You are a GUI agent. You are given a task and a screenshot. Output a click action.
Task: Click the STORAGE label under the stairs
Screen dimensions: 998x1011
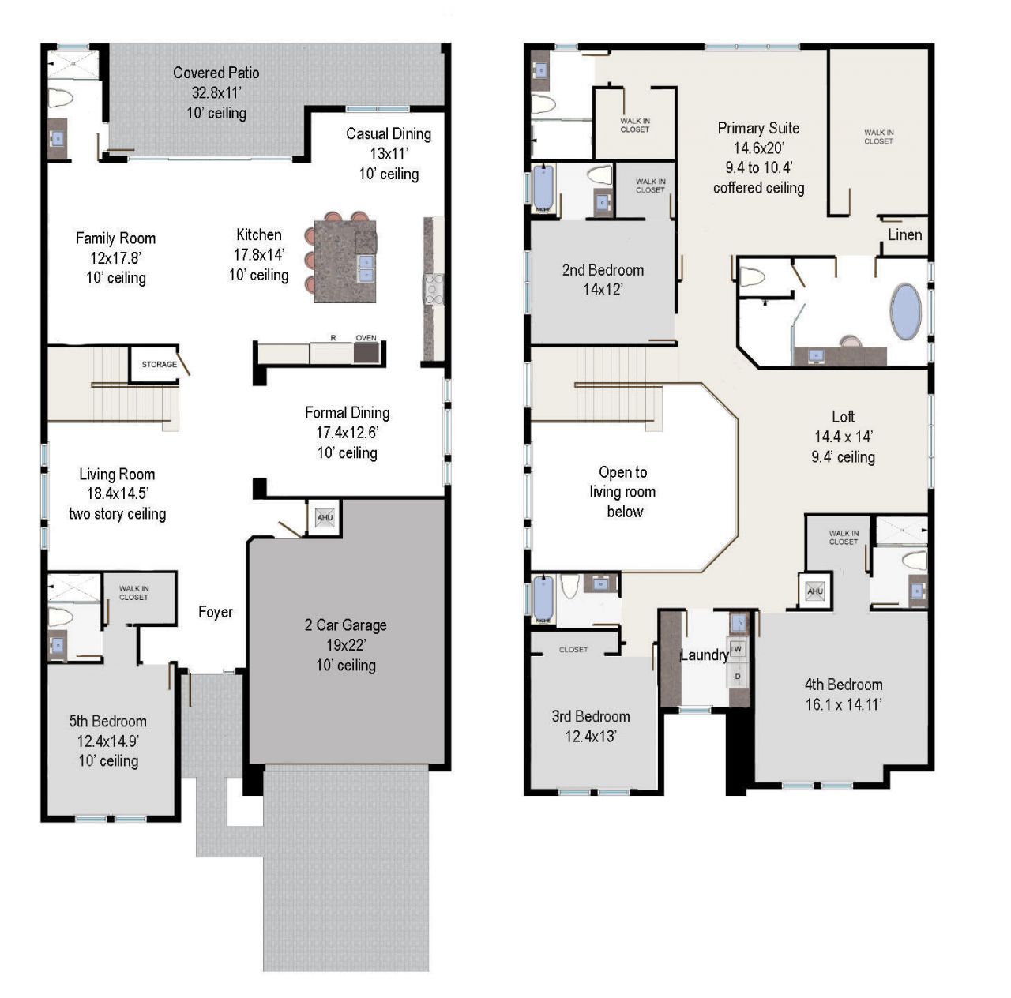[159, 364]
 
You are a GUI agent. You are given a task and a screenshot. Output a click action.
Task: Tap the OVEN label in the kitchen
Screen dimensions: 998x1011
[366, 338]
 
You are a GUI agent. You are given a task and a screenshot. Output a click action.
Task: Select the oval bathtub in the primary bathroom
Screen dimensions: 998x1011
[905, 312]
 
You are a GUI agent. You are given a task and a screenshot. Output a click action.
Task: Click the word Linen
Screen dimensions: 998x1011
[904, 234]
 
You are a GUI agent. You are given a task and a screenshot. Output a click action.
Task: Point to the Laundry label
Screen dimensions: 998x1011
[704, 655]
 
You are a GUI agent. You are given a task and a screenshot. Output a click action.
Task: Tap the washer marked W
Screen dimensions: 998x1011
[738, 649]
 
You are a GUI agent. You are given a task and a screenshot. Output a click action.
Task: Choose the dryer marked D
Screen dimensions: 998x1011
[738, 677]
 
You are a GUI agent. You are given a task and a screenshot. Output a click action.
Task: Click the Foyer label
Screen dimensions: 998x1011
[216, 612]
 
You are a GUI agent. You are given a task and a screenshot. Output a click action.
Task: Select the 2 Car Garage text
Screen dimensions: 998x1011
[346, 625]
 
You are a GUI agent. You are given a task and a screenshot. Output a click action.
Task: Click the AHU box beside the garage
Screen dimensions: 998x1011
[325, 519]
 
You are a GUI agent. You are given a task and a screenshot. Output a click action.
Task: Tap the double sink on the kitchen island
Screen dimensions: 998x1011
[365, 268]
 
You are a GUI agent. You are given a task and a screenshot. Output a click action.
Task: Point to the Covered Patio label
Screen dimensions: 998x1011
[216, 73]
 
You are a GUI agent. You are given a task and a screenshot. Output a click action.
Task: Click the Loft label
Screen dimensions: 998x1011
[843, 417]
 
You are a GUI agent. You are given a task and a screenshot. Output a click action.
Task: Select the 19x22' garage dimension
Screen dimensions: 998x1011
[346, 645]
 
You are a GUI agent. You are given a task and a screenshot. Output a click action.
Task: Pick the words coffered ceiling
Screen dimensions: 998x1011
[758, 188]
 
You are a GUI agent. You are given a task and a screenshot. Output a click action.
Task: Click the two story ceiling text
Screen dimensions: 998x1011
[118, 514]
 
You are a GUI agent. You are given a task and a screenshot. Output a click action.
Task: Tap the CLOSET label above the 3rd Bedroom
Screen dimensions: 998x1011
[573, 650]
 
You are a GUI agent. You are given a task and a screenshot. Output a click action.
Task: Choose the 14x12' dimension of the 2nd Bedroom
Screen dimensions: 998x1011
[603, 290]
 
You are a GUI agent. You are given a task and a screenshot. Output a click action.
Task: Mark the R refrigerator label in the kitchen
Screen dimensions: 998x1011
[333, 338]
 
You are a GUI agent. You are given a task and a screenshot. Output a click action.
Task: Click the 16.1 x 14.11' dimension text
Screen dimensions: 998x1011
[844, 705]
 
